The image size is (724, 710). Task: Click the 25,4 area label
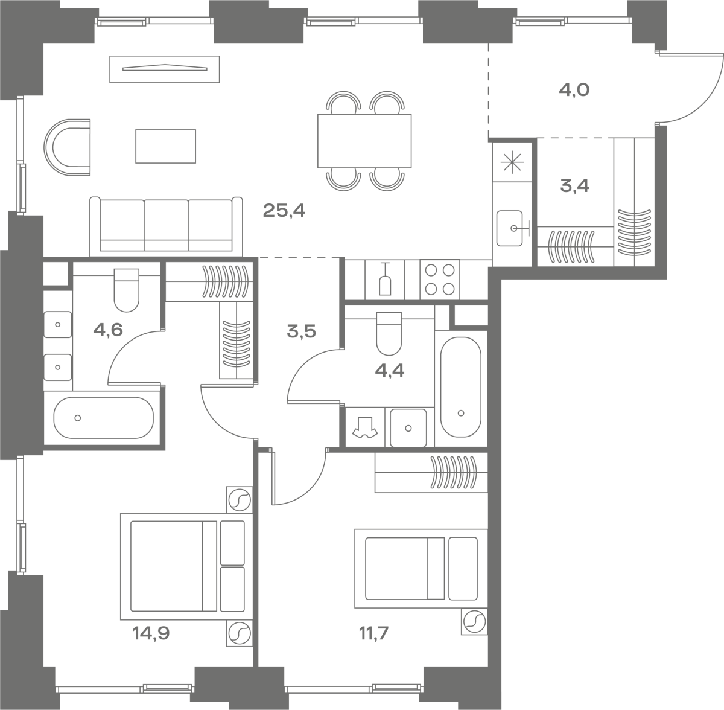[284, 211]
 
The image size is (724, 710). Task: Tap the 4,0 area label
[574, 90]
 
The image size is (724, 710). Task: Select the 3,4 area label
[574, 186]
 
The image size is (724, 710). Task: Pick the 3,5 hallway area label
[301, 331]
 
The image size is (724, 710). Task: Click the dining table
[364, 141]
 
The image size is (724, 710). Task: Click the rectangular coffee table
[166, 146]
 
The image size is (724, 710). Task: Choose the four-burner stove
[440, 280]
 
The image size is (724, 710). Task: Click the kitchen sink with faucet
[510, 228]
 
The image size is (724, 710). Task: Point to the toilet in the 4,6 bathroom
[127, 290]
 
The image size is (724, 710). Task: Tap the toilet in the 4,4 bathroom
[389, 333]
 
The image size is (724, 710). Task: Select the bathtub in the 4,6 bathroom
[104, 418]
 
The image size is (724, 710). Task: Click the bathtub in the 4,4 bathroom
[461, 387]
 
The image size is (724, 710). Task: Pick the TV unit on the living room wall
[165, 69]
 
